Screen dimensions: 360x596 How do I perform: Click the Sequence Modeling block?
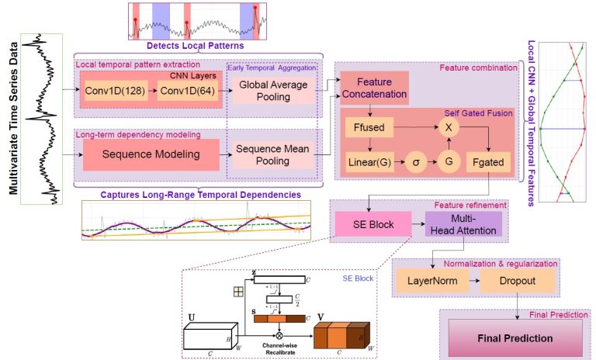[x=152, y=154]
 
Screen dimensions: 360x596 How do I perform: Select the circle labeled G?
[x=447, y=164]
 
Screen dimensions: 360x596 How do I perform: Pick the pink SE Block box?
[x=369, y=225]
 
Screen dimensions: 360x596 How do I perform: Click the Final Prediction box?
[x=515, y=338]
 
